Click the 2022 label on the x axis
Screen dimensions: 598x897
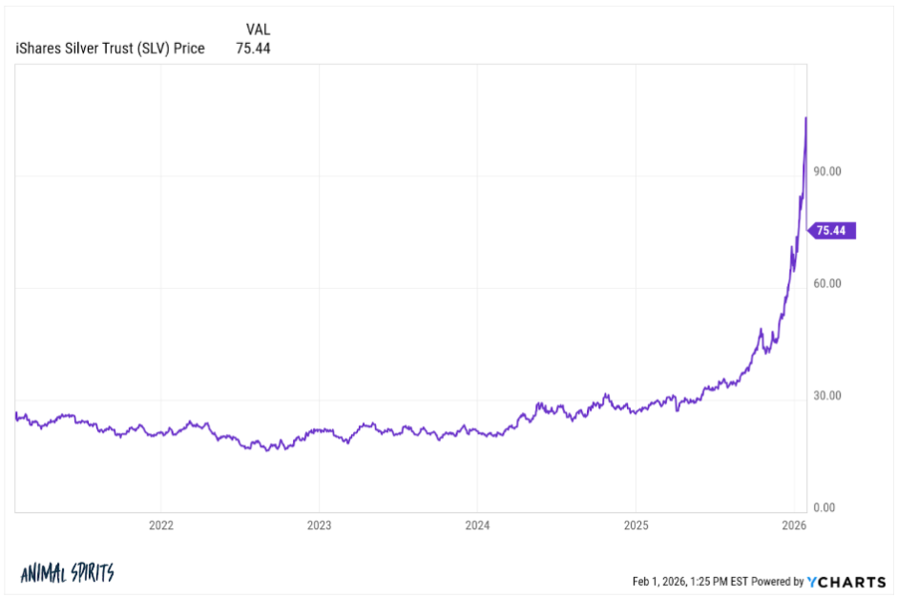coord(160,525)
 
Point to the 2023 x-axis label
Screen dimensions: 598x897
coord(319,525)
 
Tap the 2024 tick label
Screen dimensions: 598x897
coord(477,525)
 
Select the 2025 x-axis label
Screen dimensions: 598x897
coord(636,525)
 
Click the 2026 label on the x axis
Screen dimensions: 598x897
coord(794,525)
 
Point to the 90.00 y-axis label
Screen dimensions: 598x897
coord(826,172)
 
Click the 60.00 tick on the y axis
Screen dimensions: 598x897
coord(826,283)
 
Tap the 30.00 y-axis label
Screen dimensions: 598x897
coord(826,396)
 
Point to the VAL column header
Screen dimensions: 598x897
coord(258,30)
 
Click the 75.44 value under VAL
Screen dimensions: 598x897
coord(253,49)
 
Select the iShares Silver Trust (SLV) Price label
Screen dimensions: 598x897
coord(111,49)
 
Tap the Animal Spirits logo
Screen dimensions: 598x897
coord(67,573)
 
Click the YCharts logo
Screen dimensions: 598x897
coord(846,582)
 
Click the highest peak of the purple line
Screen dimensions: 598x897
coord(806,117)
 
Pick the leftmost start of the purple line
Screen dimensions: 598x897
coord(16,415)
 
